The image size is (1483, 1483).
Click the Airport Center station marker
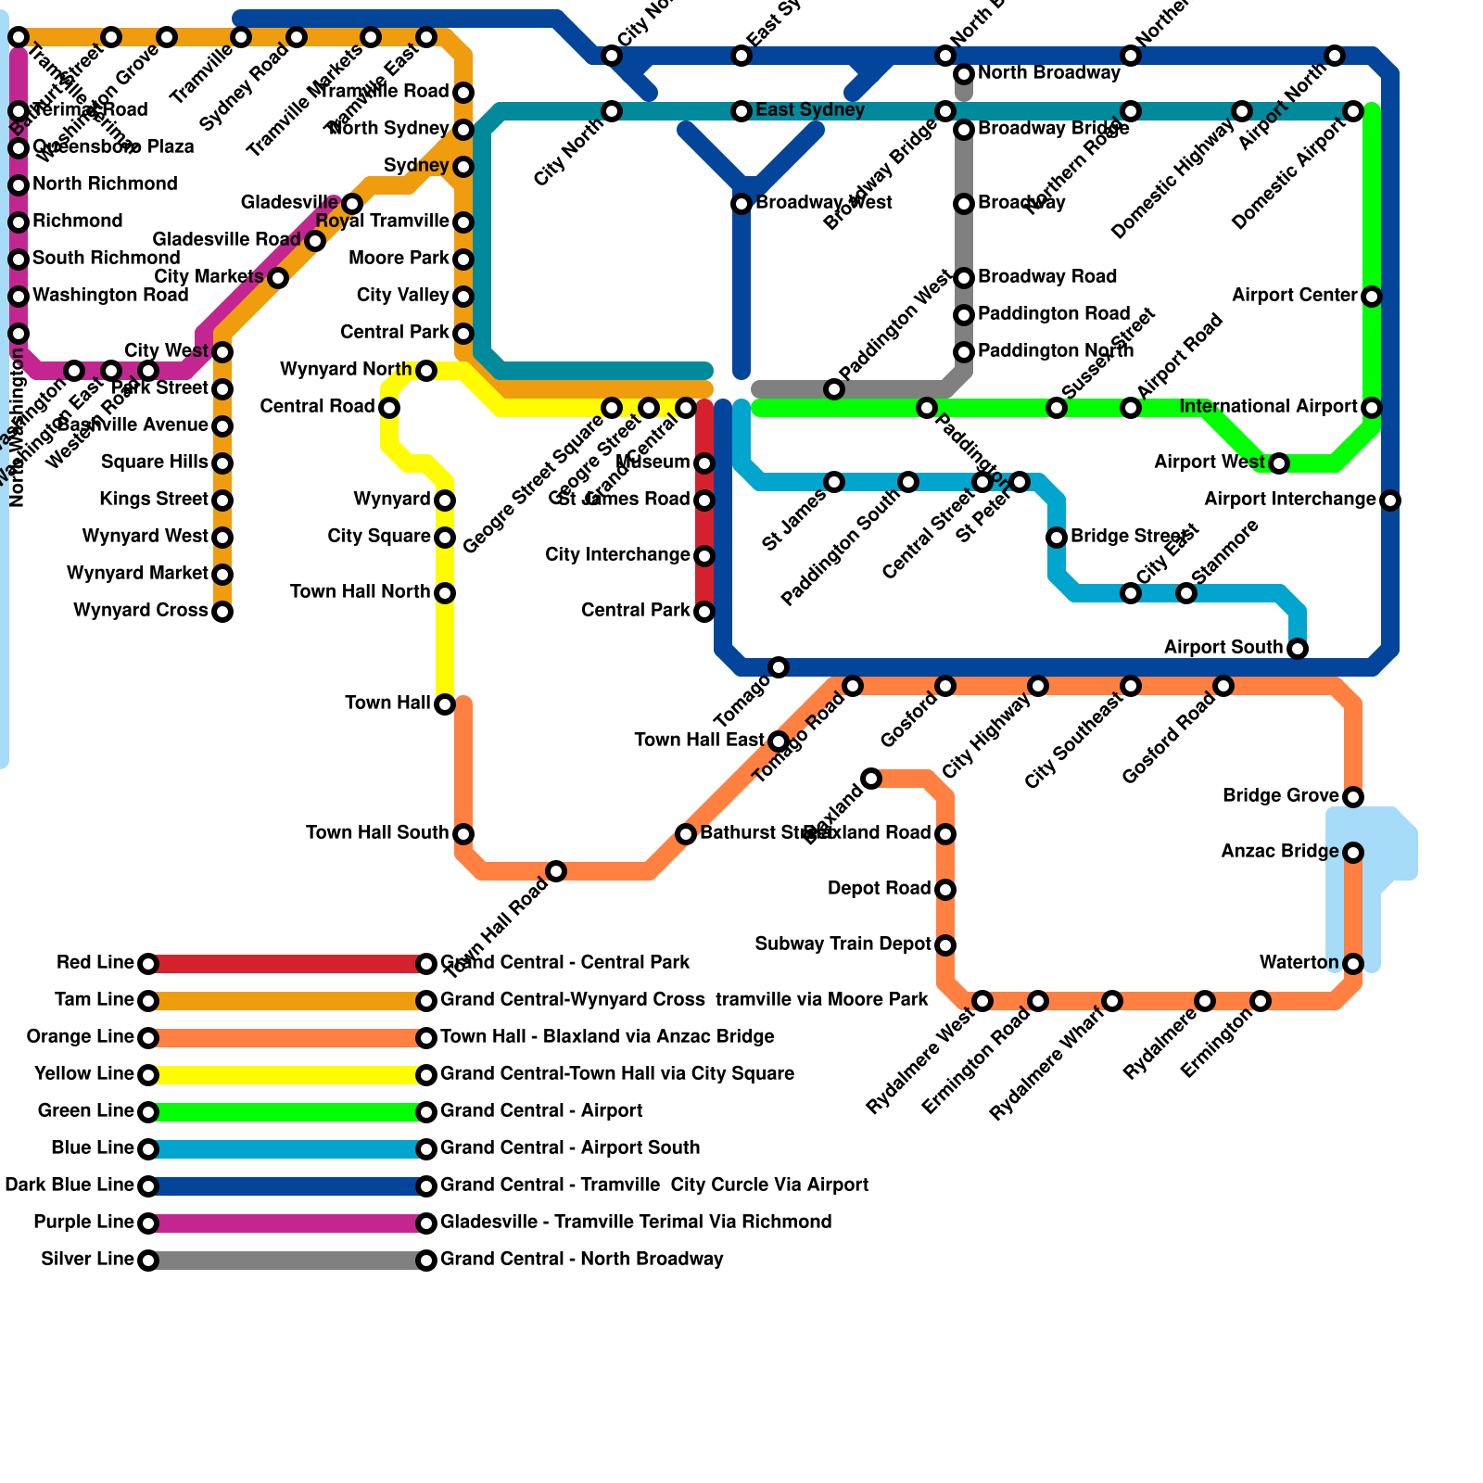pos(1372,297)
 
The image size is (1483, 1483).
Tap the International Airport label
pos(1269,407)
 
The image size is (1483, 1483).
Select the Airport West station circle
pos(1279,463)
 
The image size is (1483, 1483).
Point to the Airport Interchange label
pos(1289,500)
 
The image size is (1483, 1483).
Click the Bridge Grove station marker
pos(1353,797)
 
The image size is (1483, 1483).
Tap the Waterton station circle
pos(1353,964)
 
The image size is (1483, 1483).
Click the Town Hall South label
pos(377,833)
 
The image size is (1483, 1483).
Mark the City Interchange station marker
pos(704,556)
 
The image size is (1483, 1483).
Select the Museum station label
pos(653,463)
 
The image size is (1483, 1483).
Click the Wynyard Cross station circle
pos(222,612)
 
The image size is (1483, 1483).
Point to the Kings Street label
pos(154,500)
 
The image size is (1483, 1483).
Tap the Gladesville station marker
pos(352,204)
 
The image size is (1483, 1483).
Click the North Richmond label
pos(105,184)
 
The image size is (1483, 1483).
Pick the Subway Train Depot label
pos(843,944)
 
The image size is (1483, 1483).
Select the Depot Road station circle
pos(945,890)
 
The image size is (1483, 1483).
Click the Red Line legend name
pos(95,963)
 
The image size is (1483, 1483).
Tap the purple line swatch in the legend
pos(287,1223)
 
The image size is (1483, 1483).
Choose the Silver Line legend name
pos(87,1260)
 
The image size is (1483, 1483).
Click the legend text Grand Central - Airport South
pos(570,1148)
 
